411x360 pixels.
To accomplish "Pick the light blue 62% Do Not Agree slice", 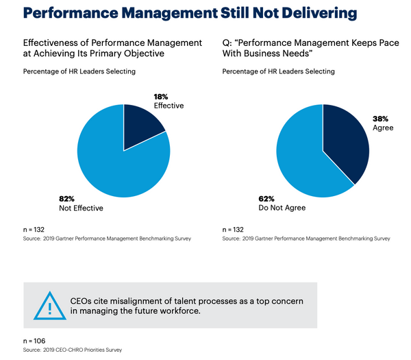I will (x=305, y=161).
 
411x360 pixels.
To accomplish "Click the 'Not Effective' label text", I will (x=82, y=208).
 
